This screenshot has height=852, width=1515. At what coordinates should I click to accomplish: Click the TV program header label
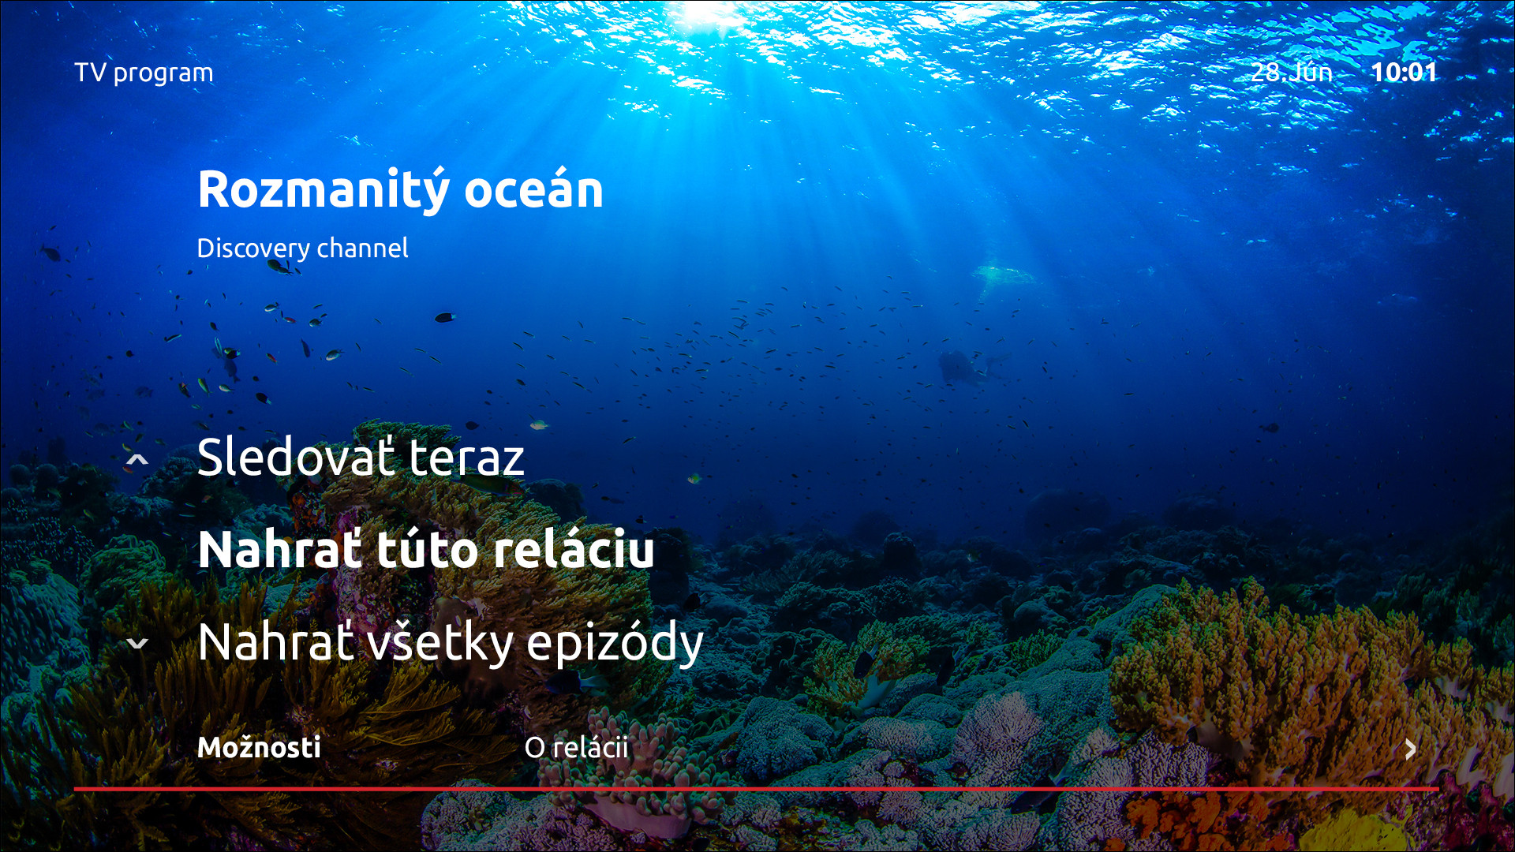point(144,73)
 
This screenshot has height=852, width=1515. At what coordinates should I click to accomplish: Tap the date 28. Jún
point(1291,72)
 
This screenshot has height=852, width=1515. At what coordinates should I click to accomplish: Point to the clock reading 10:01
point(1404,72)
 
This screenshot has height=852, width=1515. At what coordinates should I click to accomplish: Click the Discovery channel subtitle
point(302,248)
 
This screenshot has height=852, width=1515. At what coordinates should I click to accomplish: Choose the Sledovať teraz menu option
point(361,457)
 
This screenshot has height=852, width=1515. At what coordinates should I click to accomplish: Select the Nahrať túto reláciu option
point(426,549)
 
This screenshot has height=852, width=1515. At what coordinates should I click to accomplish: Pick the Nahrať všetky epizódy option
point(451,643)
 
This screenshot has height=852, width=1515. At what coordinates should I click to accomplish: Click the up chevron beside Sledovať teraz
point(137,459)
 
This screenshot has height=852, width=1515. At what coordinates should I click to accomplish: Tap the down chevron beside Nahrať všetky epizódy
point(137,644)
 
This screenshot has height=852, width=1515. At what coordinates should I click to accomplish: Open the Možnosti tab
point(259,747)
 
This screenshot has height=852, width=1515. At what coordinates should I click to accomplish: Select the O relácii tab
point(576,747)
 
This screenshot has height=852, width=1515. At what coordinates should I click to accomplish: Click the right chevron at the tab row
point(1411,749)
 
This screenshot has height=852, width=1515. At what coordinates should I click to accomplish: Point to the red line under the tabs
point(756,788)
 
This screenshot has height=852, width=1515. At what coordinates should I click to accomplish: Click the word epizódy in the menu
point(615,645)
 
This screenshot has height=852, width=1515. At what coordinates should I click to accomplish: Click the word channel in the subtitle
point(362,248)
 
